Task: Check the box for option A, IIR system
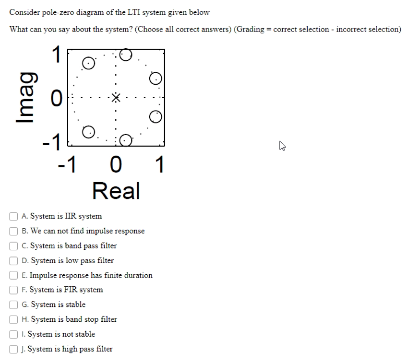click(13, 216)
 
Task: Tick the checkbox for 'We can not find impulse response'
click(13, 231)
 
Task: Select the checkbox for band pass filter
click(13, 245)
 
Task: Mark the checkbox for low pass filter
click(13, 260)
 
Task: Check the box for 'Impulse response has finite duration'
click(13, 275)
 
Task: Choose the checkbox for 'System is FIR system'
click(13, 290)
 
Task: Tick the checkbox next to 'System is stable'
click(13, 305)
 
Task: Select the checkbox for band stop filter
click(13, 319)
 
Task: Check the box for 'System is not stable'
click(13, 334)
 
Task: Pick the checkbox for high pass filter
click(13, 349)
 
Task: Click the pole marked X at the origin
click(115, 98)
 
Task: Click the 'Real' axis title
click(116, 191)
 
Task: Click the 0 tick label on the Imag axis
click(55, 99)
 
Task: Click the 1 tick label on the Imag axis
click(55, 54)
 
